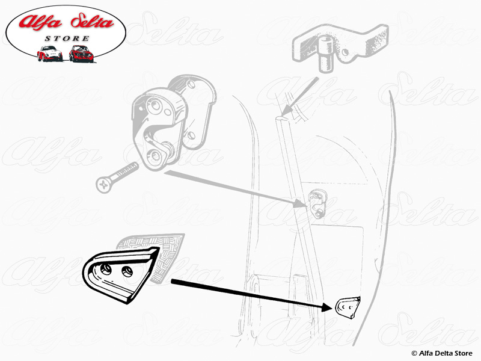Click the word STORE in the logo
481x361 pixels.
pos(67,39)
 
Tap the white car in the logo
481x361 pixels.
pos(50,54)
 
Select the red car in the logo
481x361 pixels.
pos(81,54)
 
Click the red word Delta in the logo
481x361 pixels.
pos(92,22)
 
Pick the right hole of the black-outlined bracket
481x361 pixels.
pos(127,271)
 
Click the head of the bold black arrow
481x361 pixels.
pos(327,307)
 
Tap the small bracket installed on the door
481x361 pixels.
pos(348,307)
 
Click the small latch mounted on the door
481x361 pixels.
pos(317,203)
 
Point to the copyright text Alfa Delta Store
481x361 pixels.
pos(442,353)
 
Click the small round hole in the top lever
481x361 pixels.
pos(345,52)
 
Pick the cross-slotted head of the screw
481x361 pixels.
pos(103,185)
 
